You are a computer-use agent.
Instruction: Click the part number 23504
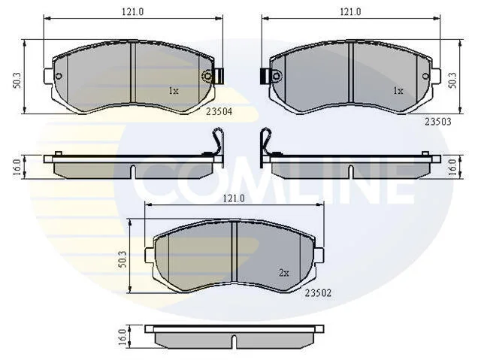(x=219, y=111)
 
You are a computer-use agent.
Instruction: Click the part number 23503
(x=438, y=122)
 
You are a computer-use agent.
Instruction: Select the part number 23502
(x=318, y=293)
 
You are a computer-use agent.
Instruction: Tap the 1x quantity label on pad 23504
(x=174, y=91)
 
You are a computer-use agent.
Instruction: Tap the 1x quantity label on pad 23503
(x=398, y=91)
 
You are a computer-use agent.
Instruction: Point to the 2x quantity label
(x=284, y=273)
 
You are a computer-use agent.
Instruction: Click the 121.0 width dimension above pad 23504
(x=133, y=12)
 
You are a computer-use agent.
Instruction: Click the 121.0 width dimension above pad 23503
(x=350, y=12)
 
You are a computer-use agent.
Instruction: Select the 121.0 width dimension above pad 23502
(x=234, y=198)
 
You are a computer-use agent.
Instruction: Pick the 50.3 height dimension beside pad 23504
(x=17, y=80)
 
